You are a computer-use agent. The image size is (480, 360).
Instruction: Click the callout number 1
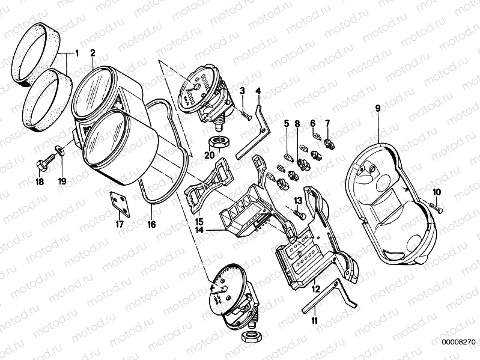76,53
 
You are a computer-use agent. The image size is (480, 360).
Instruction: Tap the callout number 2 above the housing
93,53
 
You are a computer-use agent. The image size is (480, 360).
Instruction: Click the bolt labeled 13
300,212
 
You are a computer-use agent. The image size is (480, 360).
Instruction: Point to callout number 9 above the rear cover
378,109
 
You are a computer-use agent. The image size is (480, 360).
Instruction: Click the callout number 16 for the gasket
151,224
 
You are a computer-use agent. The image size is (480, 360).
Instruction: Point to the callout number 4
258,91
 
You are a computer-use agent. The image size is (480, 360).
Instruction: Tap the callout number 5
287,124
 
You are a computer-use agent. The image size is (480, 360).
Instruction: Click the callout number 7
328,124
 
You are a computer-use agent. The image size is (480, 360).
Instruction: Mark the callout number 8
297,124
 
